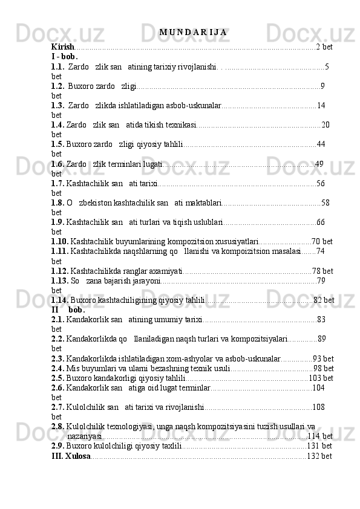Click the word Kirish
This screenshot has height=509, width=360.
pos(63,47)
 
